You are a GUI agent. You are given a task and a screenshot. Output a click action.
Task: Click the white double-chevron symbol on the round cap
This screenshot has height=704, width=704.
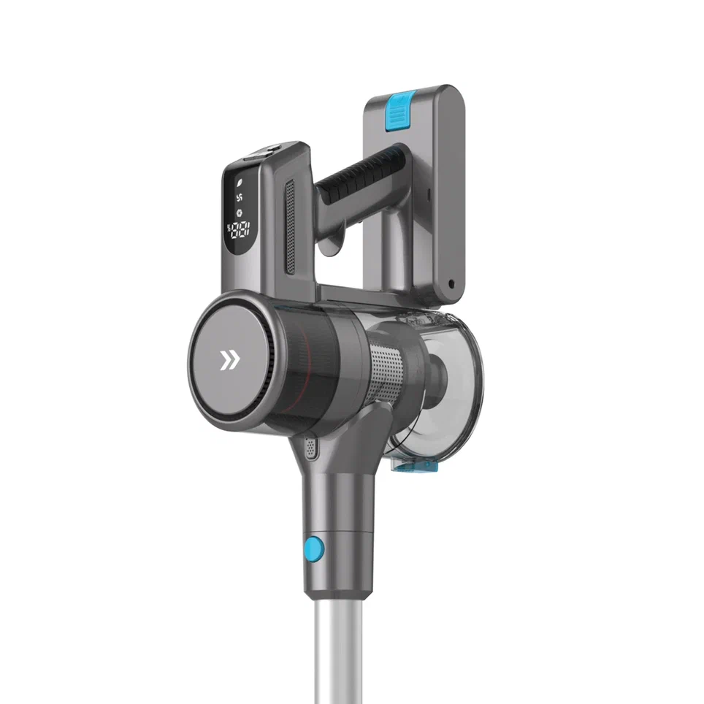click(229, 359)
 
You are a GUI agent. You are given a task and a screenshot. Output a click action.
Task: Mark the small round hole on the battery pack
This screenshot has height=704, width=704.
click(451, 283)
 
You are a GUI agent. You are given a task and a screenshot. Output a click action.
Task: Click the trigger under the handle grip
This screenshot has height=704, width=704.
click(335, 245)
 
